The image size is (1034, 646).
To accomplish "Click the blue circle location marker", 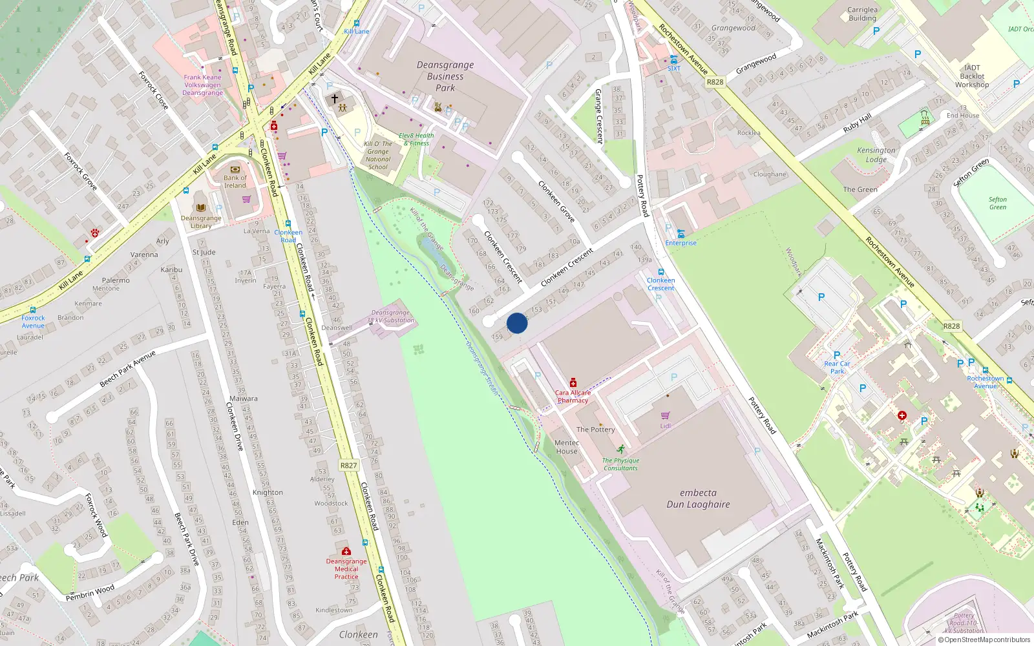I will click(x=517, y=323).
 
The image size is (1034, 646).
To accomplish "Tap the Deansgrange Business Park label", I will click(x=445, y=76).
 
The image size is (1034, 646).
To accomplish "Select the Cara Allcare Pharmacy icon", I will click(x=573, y=383).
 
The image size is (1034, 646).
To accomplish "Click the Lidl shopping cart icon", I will click(x=665, y=415).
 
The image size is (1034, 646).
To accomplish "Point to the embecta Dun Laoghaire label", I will click(x=698, y=499).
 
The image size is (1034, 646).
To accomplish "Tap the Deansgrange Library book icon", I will click(x=201, y=208).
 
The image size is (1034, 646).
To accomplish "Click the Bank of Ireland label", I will click(x=235, y=182).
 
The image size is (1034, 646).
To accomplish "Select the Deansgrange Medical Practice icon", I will click(x=346, y=551).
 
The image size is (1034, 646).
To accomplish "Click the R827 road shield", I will click(x=348, y=465).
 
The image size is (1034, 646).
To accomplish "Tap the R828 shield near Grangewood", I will click(x=715, y=82).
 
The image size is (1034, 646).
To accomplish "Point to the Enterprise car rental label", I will click(x=681, y=243).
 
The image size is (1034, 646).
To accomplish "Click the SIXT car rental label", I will click(x=674, y=68).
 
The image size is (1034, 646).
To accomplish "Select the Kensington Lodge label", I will click(x=876, y=155).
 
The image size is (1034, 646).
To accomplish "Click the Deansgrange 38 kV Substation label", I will click(x=390, y=317).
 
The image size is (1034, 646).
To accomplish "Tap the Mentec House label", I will click(x=567, y=447).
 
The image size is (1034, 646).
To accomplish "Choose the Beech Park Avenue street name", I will click(x=127, y=370).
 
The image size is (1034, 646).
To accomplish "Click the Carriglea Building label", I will click(x=862, y=14).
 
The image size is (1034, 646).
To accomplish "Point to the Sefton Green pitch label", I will click(x=997, y=203).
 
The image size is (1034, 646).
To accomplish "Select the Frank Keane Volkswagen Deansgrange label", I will click(x=202, y=85).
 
